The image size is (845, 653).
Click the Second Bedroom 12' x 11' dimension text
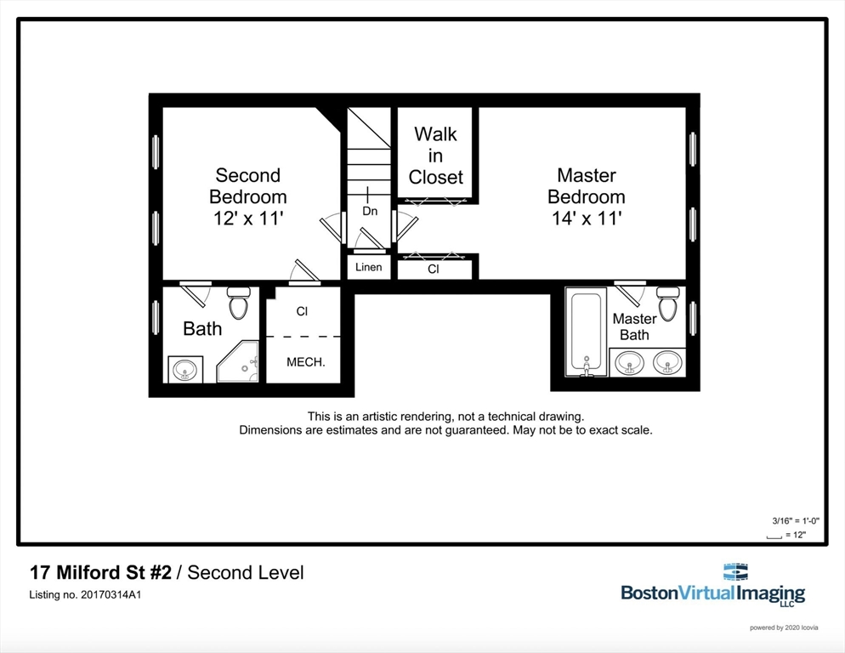point(248,219)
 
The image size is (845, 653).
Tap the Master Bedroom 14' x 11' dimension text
point(587,219)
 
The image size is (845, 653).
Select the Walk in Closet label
point(435,156)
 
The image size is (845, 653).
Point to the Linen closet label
point(369,267)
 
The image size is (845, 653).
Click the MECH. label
point(305,362)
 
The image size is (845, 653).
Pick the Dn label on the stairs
point(370,211)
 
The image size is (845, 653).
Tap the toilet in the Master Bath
point(667,303)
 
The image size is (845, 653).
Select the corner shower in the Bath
point(238,361)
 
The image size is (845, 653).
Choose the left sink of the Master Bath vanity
point(629,362)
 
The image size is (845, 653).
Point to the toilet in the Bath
point(238,303)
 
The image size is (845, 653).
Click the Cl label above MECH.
point(302,311)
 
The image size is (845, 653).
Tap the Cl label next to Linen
point(434,269)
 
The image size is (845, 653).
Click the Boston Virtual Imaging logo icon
point(735,571)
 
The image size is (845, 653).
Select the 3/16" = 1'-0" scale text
point(796,520)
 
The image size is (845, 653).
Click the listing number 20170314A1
point(111,595)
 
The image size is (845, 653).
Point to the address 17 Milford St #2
point(100,572)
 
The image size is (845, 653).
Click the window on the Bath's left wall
point(156,318)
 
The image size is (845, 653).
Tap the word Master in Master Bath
point(634,319)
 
